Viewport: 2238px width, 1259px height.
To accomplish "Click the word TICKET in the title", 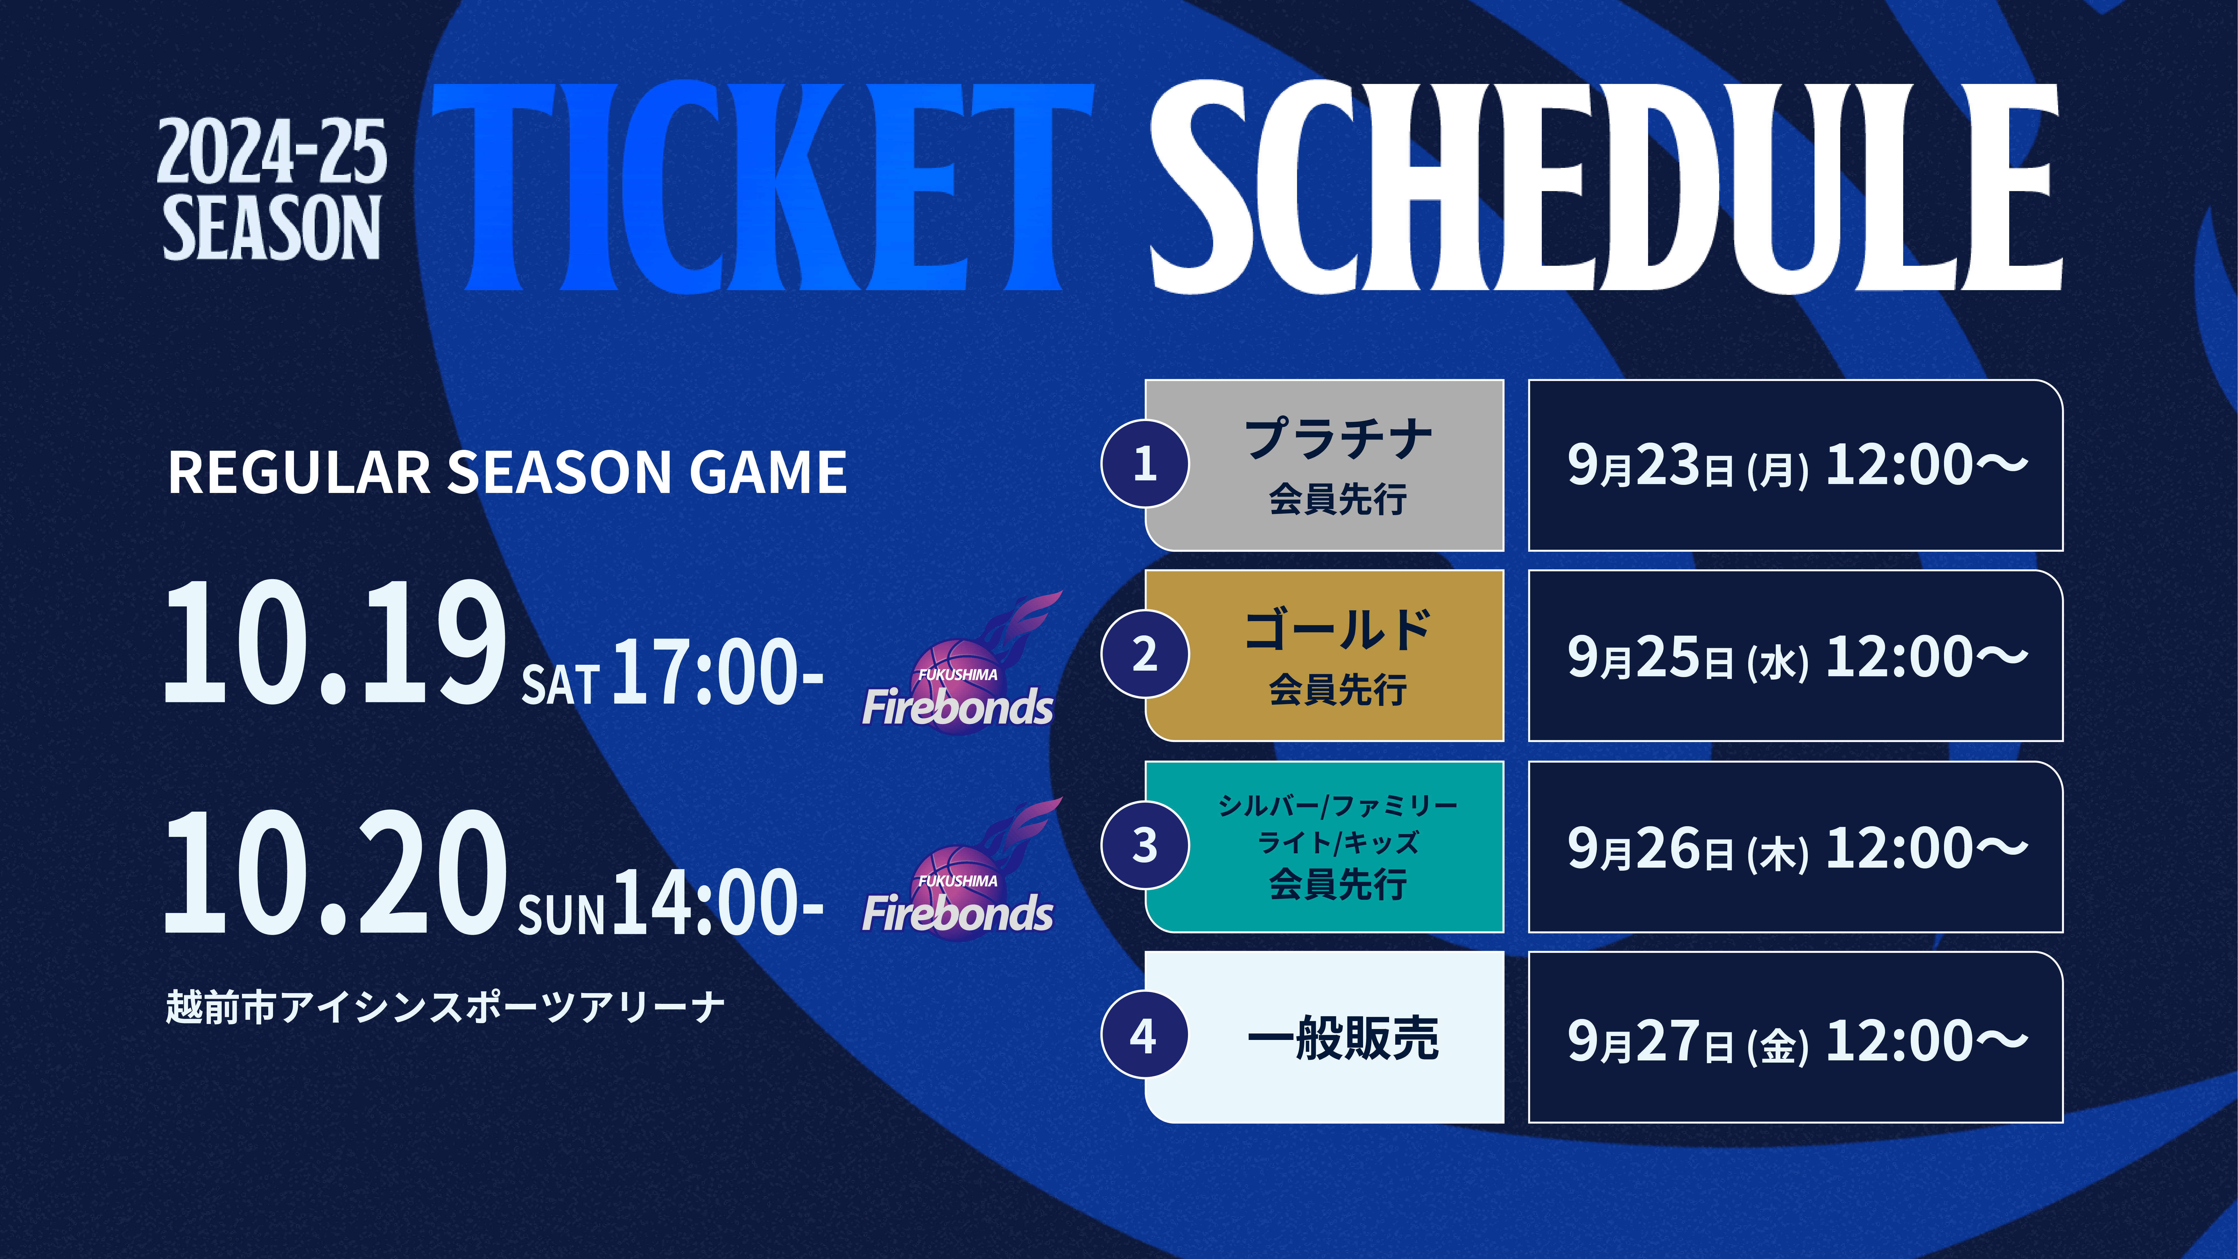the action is (762, 187).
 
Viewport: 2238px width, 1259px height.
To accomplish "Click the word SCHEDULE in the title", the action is (1606, 187).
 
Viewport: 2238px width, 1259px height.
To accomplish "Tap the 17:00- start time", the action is (718, 672).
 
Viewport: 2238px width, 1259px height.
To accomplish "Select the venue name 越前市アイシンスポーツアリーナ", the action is (445, 1008).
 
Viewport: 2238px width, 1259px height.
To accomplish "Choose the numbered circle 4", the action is (1145, 1036).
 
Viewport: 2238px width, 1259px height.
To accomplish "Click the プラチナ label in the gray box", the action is (1338, 439).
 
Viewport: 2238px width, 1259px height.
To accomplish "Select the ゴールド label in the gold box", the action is (1338, 630).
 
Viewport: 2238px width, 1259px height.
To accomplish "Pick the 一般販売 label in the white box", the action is (1342, 1038).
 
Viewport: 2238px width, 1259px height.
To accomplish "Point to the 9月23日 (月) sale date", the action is (1688, 466).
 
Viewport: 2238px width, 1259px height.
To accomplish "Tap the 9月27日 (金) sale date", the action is (1688, 1041).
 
